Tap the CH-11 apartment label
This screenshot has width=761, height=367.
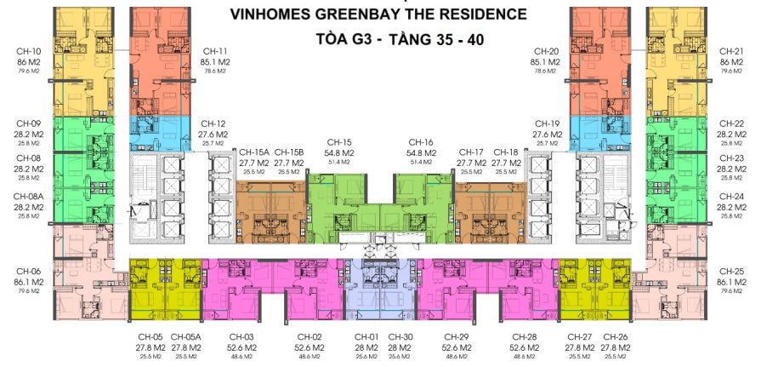tap(214, 51)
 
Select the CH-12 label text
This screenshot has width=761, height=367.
tap(213, 123)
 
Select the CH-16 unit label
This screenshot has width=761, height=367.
tap(421, 141)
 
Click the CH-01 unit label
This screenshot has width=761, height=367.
tap(366, 337)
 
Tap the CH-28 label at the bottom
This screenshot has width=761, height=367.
tap(521, 337)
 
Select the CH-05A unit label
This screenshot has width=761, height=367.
tap(186, 337)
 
